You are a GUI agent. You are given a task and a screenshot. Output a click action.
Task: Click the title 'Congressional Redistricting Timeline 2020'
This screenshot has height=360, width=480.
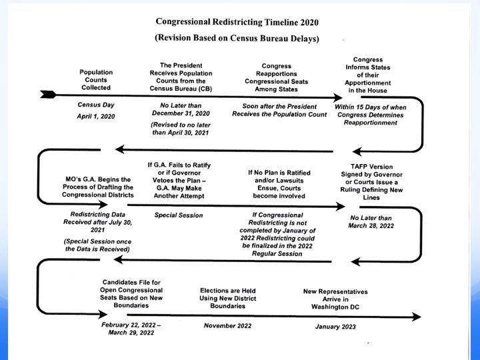[x=236, y=21]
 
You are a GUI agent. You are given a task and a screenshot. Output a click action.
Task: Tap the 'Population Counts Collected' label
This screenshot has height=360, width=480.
[x=96, y=79]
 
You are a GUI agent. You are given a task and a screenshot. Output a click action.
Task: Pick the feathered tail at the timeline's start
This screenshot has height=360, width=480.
[x=48, y=95]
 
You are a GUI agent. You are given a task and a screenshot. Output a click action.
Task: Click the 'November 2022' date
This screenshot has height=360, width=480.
[x=228, y=325]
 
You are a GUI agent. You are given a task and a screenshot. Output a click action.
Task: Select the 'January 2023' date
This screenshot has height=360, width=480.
[x=335, y=327]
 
